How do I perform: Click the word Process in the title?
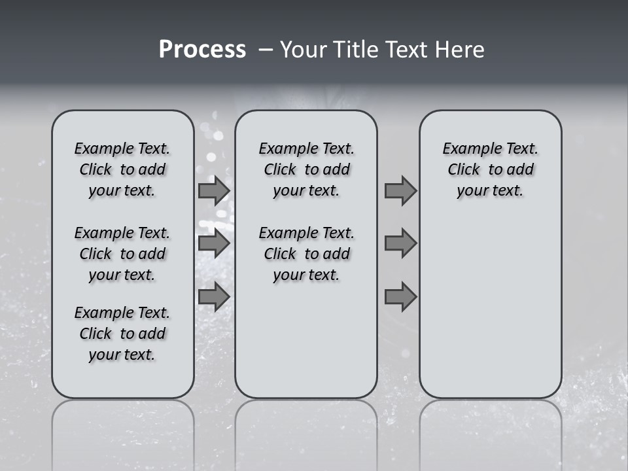tap(201, 50)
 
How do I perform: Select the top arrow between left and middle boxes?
tap(213, 191)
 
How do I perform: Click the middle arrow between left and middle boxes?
tap(213, 243)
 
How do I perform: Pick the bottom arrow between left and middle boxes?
tap(213, 297)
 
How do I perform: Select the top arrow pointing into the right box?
tap(400, 191)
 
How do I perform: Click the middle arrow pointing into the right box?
tap(400, 243)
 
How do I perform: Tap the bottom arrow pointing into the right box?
tap(400, 297)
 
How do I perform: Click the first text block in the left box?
tap(122, 169)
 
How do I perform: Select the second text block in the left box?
tap(122, 254)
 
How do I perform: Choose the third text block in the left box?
tap(122, 334)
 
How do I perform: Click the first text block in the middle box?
tap(306, 169)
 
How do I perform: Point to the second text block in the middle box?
tap(306, 254)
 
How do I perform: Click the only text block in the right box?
tap(490, 169)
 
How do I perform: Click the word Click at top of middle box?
tap(280, 170)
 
